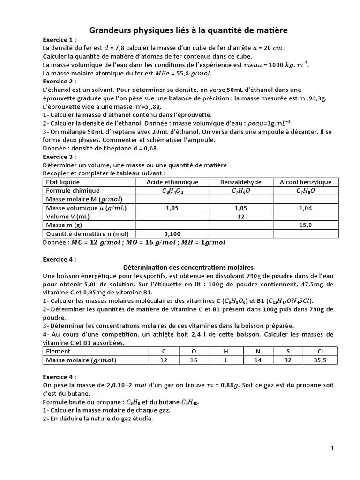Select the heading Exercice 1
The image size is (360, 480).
point(60,40)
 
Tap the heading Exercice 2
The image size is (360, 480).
point(60,81)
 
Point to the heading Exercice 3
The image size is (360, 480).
point(60,157)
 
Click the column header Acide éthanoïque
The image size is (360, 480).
point(172,182)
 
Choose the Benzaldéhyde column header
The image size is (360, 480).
point(240,182)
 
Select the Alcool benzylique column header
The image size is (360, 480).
point(305,182)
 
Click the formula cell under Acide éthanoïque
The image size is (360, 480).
point(172,191)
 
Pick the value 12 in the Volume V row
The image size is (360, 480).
point(241,217)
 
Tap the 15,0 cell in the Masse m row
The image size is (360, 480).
point(306,225)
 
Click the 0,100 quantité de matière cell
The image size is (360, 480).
point(172,233)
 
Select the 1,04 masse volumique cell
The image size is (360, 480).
point(306,208)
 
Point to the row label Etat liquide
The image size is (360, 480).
point(61,182)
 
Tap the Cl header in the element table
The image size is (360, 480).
point(320,351)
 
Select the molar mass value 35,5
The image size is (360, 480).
point(320,360)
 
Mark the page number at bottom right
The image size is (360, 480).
point(332,448)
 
